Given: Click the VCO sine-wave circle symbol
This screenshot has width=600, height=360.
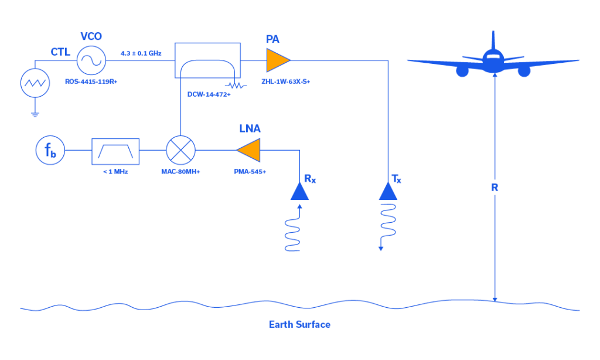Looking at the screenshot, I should pos(91,59).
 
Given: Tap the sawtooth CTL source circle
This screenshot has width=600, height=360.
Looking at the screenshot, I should pos(35,83).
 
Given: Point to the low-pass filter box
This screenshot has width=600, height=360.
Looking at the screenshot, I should pos(115,151).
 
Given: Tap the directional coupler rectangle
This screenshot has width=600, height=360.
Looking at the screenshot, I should pos(207,60).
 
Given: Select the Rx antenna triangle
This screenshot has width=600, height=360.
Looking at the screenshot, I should pos(299,192).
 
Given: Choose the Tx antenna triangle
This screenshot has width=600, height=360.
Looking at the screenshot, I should pos(388,192).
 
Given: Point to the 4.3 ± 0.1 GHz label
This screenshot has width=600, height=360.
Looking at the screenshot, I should pos(141,53).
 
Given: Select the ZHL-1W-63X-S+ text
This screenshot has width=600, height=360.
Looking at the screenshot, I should pos(285,81).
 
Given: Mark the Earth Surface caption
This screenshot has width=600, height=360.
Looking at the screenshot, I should pos(299,324).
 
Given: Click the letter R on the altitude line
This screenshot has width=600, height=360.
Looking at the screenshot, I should pos(495,188).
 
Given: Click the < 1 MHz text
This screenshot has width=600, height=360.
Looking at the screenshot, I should pos(115,171).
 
